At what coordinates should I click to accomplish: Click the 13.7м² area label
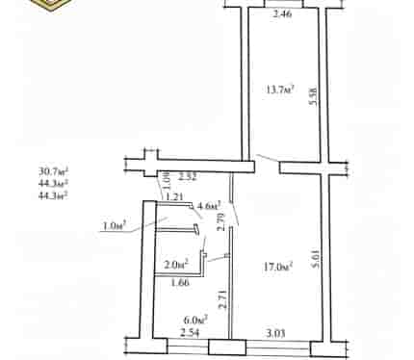[280, 90]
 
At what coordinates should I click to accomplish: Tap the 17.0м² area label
[278, 267]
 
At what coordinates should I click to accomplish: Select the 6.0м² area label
[195, 320]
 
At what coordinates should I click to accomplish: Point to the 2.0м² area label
[176, 265]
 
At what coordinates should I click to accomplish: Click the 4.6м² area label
[209, 205]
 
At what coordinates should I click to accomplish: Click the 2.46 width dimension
[282, 14]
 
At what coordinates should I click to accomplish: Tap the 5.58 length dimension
[313, 96]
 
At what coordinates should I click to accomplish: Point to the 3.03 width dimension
[275, 333]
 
